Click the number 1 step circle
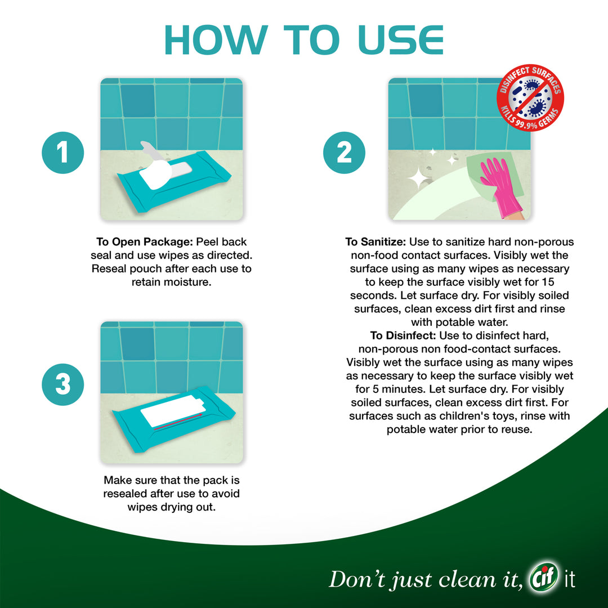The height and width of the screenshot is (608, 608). (63, 153)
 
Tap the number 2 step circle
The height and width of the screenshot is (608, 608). (344, 153)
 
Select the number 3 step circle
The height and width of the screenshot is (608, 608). (63, 385)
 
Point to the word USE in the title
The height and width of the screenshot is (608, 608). (401, 39)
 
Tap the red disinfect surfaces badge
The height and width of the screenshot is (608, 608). (530, 97)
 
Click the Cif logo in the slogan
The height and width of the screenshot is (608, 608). (544, 577)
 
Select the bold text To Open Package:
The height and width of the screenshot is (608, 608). (144, 242)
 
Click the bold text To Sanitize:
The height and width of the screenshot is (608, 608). (375, 242)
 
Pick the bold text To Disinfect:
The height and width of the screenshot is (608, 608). (403, 336)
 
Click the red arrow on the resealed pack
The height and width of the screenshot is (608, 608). (178, 422)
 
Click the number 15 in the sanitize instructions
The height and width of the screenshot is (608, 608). (548, 282)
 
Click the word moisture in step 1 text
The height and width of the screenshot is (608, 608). (191, 282)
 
